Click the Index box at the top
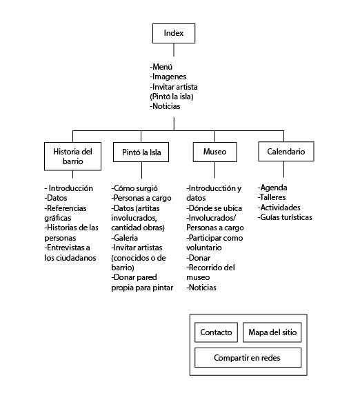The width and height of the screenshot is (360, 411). tap(174, 33)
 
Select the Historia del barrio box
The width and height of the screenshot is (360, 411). tap(72, 157)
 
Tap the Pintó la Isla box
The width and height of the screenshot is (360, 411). tap(141, 152)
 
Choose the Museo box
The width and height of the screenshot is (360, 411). tap(214, 152)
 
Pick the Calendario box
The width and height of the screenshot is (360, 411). tap(286, 151)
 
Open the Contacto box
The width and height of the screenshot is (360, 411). tap(216, 332)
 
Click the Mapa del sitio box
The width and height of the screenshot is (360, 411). tap(272, 332)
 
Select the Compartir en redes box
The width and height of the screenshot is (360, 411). tap(248, 357)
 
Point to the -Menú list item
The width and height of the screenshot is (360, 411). tap(161, 67)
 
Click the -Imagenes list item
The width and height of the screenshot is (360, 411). tap(168, 77)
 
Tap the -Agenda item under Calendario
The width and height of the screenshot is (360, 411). tap(272, 188)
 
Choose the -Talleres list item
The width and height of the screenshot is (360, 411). tap(271, 197)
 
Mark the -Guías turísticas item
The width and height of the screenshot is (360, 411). tap(285, 217)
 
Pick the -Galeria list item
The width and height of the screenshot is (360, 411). tap(124, 238)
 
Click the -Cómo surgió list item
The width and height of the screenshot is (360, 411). tap(134, 188)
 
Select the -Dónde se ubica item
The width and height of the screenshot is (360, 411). tap(214, 208)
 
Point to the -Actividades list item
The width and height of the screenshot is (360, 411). tap(279, 208)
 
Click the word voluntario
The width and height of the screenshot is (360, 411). tap(204, 248)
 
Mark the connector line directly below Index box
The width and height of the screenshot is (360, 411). tap(174, 50)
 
